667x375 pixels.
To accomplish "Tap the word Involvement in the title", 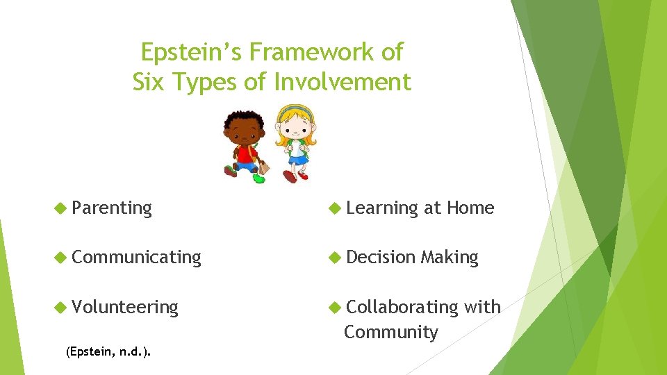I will coord(343,83).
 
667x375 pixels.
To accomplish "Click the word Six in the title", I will coord(148,83).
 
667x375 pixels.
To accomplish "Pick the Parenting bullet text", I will coord(111,208).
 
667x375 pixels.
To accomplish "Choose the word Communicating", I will coord(136,257).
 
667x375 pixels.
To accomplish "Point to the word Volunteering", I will coord(125,306).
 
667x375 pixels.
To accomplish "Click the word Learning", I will coord(382,208).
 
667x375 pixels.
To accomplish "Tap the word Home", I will coord(470,208).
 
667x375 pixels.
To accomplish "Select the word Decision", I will coord(381,257).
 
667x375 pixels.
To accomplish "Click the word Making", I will coord(450,257).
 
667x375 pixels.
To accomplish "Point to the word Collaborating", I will coord(402,306).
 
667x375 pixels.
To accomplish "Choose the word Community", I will coord(391,332).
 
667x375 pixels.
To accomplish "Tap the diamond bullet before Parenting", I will coord(60,208).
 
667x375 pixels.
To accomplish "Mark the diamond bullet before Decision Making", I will coord(334,257).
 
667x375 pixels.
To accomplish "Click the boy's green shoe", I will coord(259,178).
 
